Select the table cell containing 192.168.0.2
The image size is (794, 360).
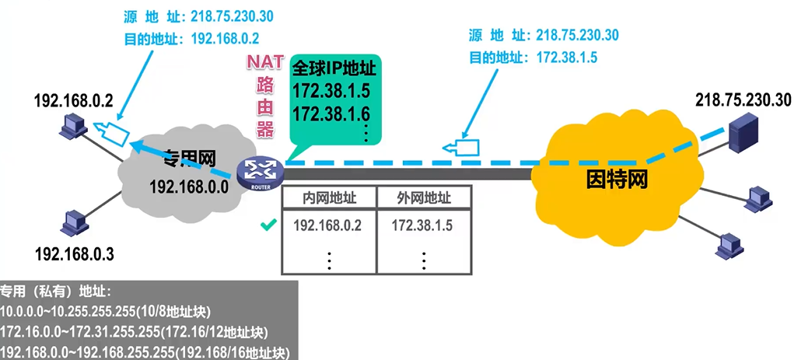[x=327, y=226]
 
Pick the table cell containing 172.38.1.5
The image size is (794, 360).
[x=422, y=226]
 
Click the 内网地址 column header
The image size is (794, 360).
[x=327, y=198]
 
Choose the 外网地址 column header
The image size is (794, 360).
[x=423, y=198]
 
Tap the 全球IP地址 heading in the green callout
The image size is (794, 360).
[x=334, y=68]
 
